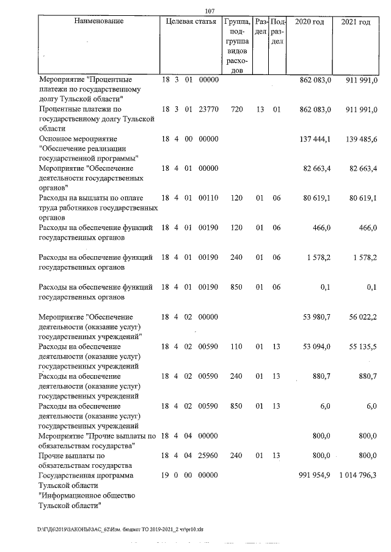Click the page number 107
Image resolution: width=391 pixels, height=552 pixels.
coord(211,10)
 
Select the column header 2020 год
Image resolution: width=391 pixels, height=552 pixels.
coord(309,21)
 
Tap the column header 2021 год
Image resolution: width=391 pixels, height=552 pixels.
coord(356,21)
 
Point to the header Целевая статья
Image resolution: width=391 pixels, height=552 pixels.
coord(191,21)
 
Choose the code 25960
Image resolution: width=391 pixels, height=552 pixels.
coord(208,455)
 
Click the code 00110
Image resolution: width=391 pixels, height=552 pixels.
coord(208,198)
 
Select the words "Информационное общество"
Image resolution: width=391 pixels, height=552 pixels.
coord(86,495)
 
